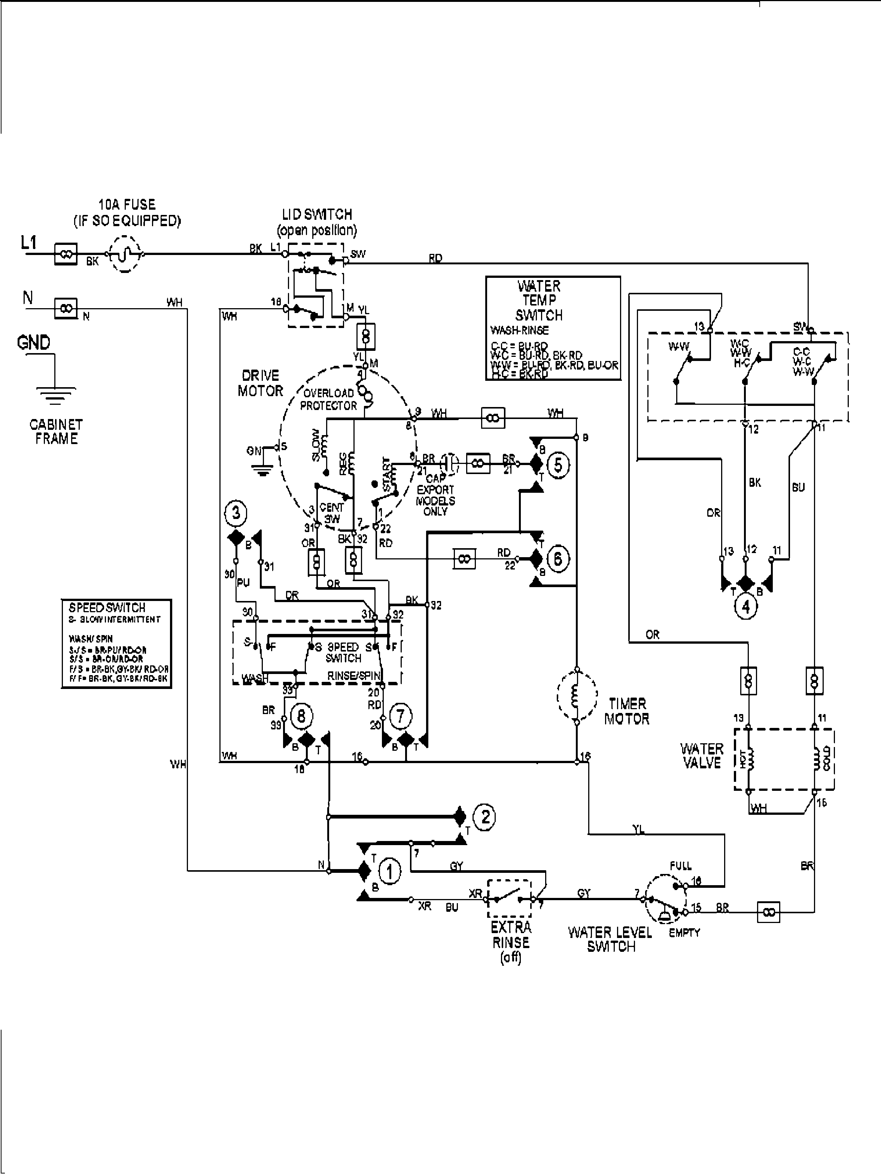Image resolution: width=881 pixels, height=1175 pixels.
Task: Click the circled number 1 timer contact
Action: coord(390,872)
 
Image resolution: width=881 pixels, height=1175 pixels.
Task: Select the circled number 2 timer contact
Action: coord(485,817)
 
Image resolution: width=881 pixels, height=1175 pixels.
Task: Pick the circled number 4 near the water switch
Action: coord(745,607)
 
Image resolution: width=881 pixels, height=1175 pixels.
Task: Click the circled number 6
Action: coord(558,559)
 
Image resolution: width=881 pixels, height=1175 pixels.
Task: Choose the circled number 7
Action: coord(400,717)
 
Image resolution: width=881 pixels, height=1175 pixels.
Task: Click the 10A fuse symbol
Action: coord(125,255)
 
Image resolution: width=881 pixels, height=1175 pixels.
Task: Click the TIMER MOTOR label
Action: coord(627,711)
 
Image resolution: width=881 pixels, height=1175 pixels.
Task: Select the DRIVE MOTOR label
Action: coord(260,383)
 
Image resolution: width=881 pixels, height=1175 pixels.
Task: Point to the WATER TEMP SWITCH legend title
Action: coord(539,301)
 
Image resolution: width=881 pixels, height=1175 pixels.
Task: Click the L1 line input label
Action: coord(29,243)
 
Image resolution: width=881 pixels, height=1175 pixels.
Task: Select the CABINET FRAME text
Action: coord(56,431)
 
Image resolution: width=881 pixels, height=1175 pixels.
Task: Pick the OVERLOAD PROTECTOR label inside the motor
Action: coord(328,399)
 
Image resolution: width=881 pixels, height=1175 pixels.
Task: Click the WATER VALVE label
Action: coord(702,756)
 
